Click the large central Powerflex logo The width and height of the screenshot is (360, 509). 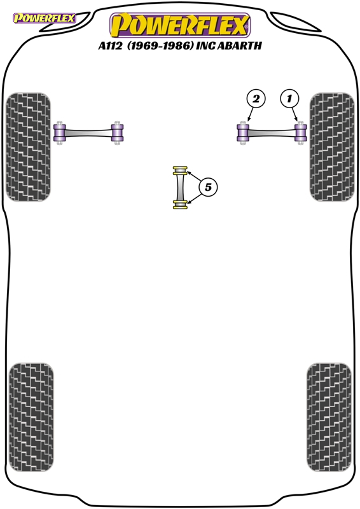pyautogui.click(x=180, y=25)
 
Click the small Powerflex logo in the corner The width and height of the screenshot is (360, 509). pyautogui.click(x=44, y=18)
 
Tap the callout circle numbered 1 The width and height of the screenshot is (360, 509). pyautogui.click(x=289, y=99)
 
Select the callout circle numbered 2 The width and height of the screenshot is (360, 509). pyautogui.click(x=256, y=99)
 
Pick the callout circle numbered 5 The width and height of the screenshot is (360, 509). pyautogui.click(x=208, y=187)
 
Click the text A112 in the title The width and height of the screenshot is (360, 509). pyautogui.click(x=110, y=46)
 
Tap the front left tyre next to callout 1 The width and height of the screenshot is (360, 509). pyautogui.click(x=332, y=147)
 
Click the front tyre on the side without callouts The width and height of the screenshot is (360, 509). pyautogui.click(x=29, y=147)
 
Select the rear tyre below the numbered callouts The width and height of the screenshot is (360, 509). pyautogui.click(x=329, y=417)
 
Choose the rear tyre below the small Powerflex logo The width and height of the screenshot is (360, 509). pyautogui.click(x=31, y=417)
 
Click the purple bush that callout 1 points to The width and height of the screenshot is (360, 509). pyautogui.click(x=301, y=132)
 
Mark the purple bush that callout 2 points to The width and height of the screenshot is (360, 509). pyautogui.click(x=243, y=132)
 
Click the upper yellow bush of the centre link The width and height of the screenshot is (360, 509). pyautogui.click(x=180, y=171)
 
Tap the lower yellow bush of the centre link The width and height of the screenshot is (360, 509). pyautogui.click(x=180, y=205)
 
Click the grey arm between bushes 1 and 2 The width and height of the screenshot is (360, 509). pyautogui.click(x=272, y=133)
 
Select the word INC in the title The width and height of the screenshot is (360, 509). pyautogui.click(x=205, y=46)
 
